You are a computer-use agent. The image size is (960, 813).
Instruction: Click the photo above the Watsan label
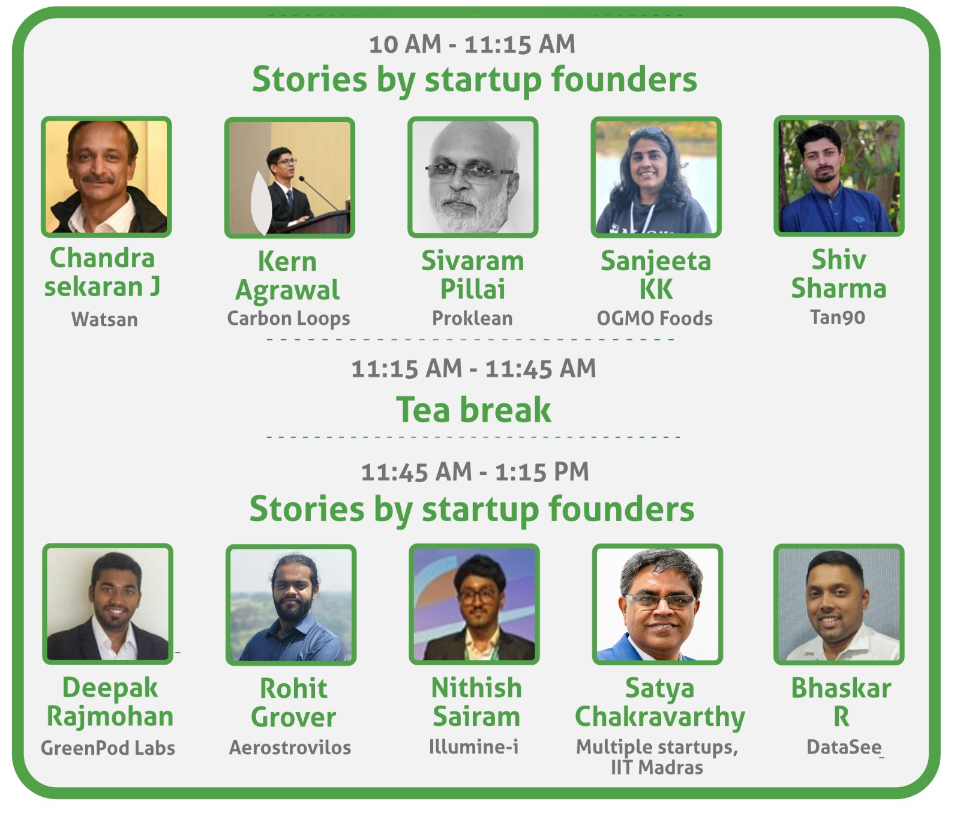106,177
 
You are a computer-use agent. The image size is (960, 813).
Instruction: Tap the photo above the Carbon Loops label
290,178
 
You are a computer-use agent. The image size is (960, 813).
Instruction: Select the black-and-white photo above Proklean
473,177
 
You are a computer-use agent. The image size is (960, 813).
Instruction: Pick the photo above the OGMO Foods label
656,177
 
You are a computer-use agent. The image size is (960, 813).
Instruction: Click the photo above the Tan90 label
839,176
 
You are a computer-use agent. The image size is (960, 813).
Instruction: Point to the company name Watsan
104,319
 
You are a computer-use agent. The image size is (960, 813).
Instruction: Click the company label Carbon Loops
289,318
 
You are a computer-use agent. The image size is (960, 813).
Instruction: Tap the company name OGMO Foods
655,318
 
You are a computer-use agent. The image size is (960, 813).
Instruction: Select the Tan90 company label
838,317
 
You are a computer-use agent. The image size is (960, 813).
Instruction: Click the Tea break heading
473,410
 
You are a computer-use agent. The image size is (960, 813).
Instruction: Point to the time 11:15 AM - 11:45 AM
473,369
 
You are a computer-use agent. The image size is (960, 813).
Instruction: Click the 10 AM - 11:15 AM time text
472,44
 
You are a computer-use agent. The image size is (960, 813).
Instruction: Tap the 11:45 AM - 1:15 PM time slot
475,472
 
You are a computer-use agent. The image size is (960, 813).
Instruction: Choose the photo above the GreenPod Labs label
108,604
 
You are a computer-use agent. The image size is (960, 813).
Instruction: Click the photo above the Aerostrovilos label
291,605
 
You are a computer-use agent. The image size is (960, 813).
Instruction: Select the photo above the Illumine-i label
474,604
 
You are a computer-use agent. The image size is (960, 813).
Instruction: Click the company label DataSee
844,747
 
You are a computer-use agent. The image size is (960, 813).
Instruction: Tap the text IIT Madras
657,767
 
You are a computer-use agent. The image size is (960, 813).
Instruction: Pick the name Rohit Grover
293,703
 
